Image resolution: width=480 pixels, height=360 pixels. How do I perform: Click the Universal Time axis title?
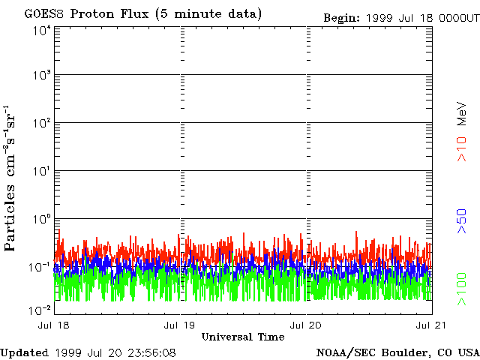[243, 337]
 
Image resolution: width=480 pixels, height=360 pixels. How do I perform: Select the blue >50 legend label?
[463, 223]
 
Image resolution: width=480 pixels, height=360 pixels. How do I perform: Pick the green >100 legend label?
[463, 289]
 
